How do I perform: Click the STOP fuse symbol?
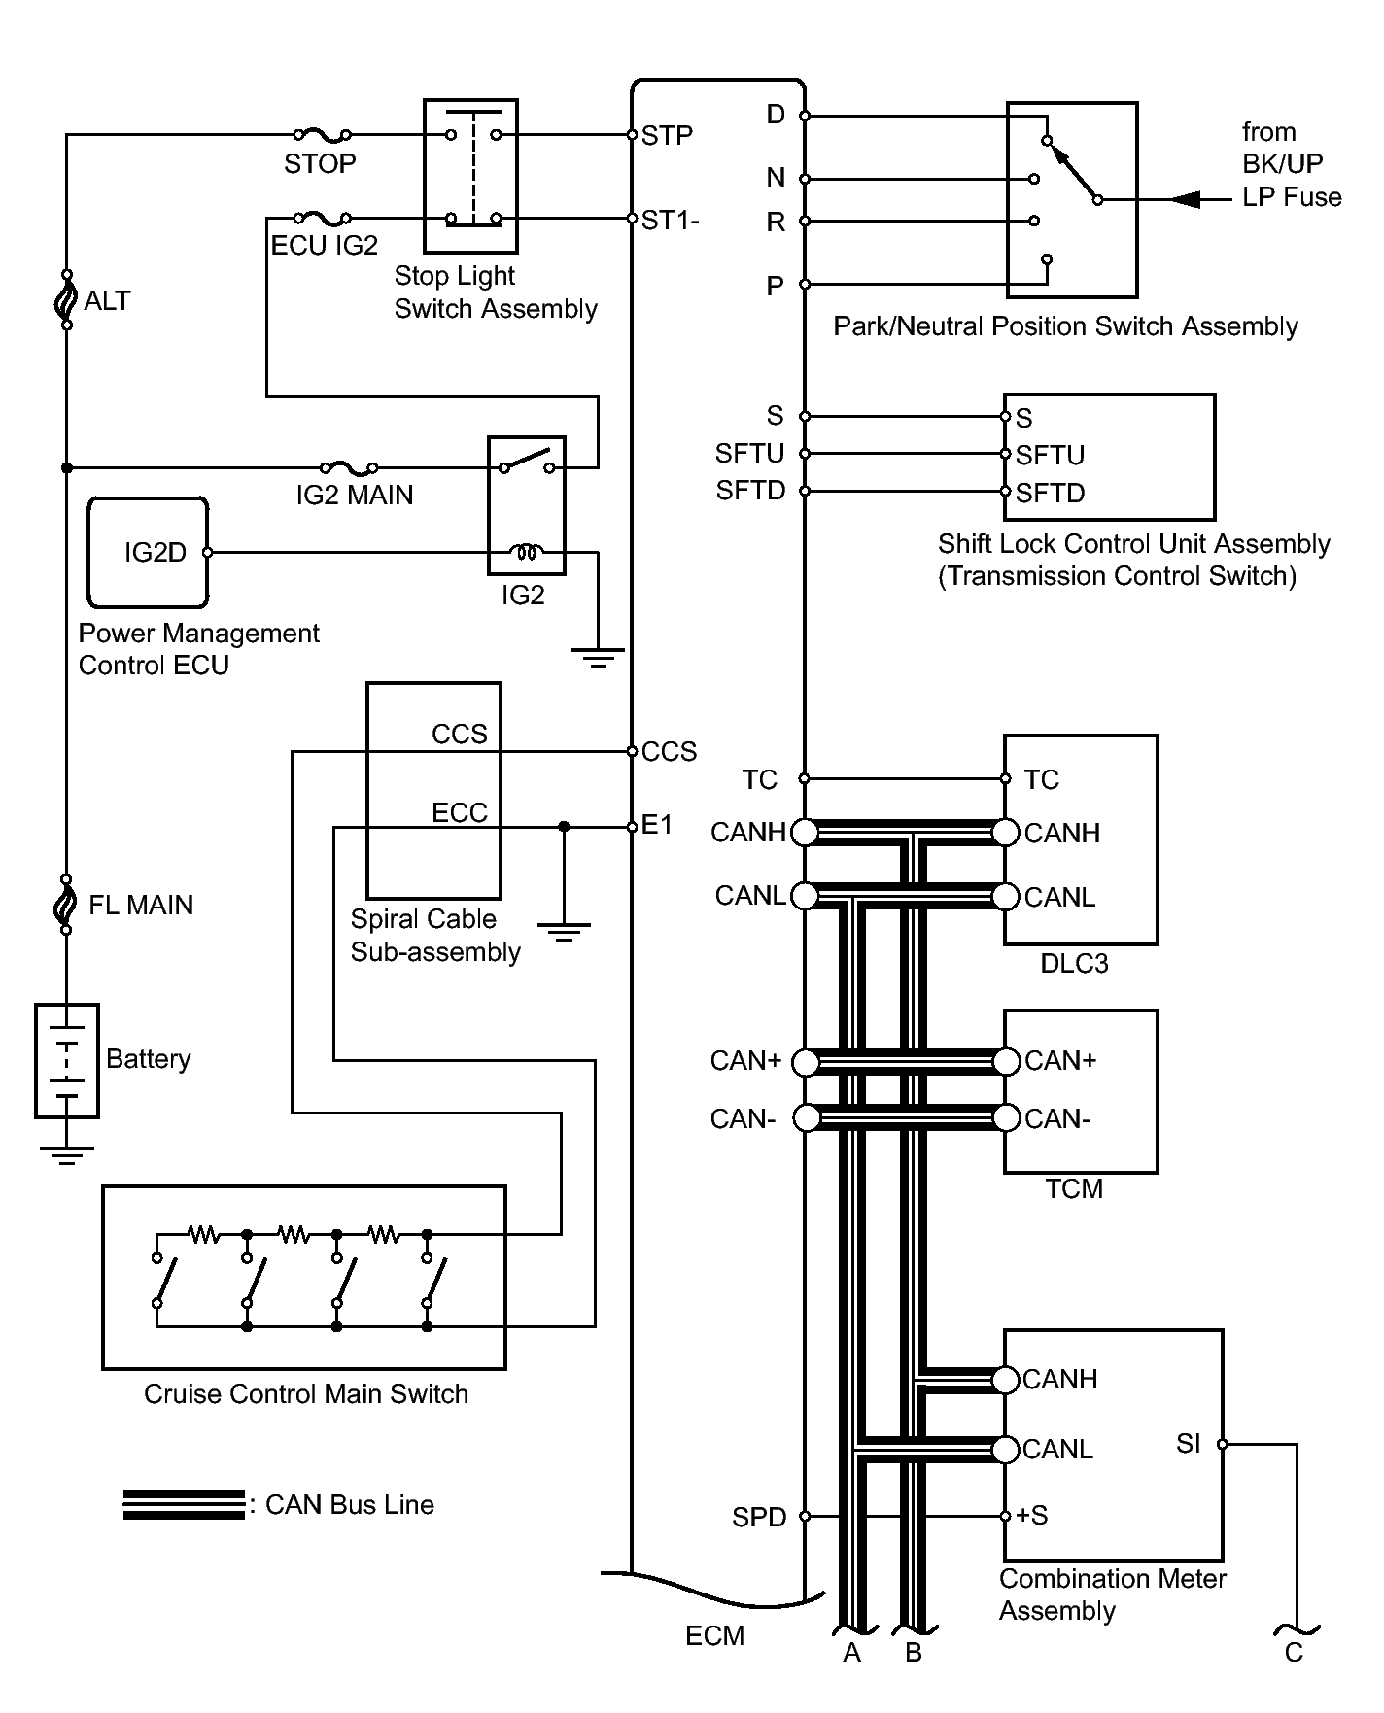[322, 134]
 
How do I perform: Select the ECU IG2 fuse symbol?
[322, 218]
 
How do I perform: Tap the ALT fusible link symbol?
[67, 299]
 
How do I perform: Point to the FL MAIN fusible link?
[67, 904]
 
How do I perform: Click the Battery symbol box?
[67, 1061]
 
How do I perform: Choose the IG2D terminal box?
[148, 553]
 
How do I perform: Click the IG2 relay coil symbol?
[526, 553]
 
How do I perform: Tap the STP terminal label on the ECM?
[667, 135]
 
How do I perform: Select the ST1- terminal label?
[671, 221]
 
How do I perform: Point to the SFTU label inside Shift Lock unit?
[1051, 455]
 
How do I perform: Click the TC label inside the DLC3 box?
[1041, 779]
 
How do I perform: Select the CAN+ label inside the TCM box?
[1060, 1060]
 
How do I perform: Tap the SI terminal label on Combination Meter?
[1189, 1444]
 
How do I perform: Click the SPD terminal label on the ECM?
[759, 1517]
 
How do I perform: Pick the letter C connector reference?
[1294, 1653]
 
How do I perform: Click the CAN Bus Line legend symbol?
[184, 1504]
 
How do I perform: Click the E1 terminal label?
[657, 825]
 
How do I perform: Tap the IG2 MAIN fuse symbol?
[349, 467]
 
